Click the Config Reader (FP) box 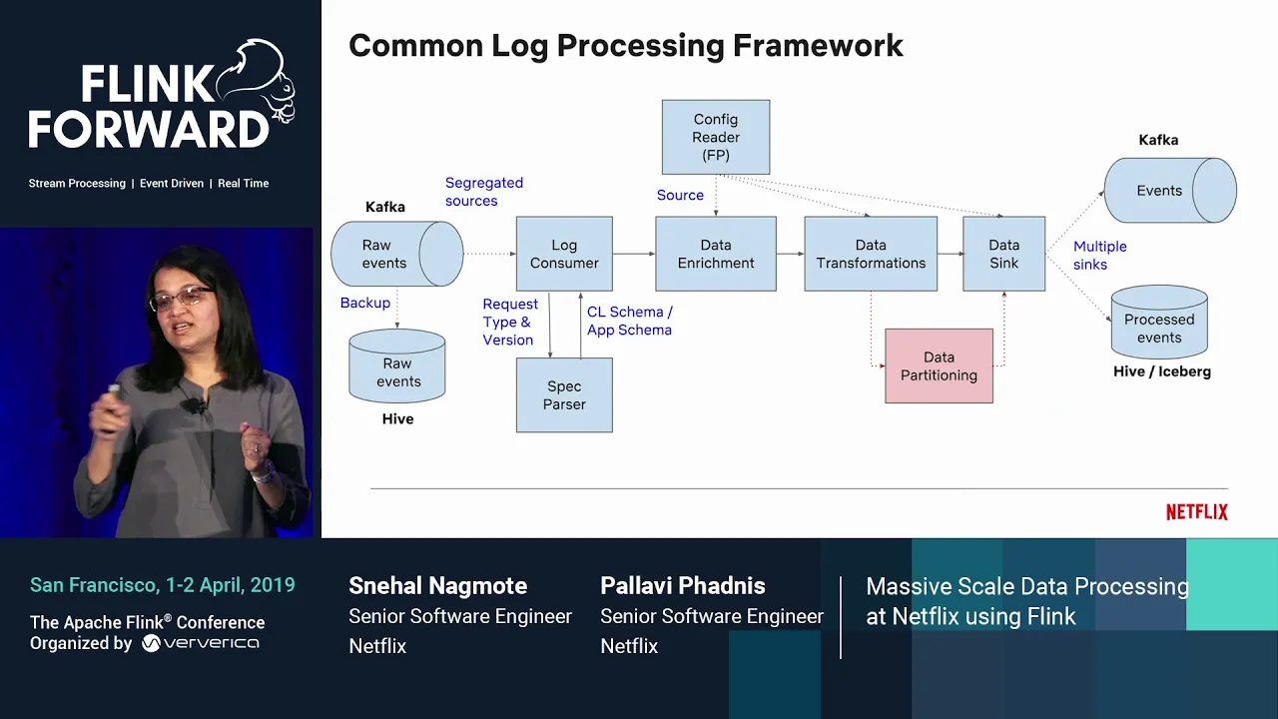click(x=716, y=137)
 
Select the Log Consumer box click(x=564, y=254)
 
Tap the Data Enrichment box click(x=716, y=254)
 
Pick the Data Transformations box click(x=871, y=254)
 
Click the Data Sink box click(x=1003, y=254)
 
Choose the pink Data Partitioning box click(x=939, y=366)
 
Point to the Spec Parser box click(x=564, y=395)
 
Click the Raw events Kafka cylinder click(x=395, y=254)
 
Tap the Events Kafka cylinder click(x=1168, y=190)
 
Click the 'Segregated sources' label click(x=483, y=192)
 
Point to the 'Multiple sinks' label click(x=1099, y=256)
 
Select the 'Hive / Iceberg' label click(x=1161, y=371)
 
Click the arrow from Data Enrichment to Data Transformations click(x=790, y=255)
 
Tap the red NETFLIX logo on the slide click(x=1196, y=512)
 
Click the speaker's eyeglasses click(x=181, y=298)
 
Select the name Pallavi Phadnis click(x=683, y=586)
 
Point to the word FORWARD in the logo click(x=149, y=130)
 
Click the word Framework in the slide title click(x=818, y=46)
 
